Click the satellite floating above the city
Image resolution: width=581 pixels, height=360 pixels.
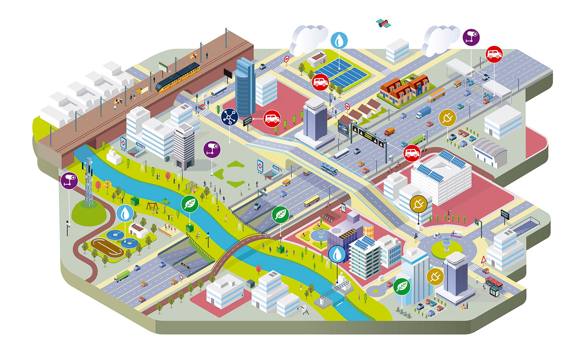[383, 24]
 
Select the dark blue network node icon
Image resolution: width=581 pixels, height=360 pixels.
[229, 117]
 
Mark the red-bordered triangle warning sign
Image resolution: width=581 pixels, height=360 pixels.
[484, 259]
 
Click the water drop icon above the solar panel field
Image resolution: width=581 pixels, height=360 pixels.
[339, 40]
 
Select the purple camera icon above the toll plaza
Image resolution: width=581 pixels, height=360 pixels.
[471, 37]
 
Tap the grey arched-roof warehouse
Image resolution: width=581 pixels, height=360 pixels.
[490, 152]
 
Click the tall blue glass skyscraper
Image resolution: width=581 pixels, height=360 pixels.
[245, 87]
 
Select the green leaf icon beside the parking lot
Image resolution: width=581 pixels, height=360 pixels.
[402, 286]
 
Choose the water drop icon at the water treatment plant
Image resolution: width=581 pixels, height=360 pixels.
[125, 213]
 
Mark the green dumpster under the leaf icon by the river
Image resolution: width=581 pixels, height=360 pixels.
[189, 228]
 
